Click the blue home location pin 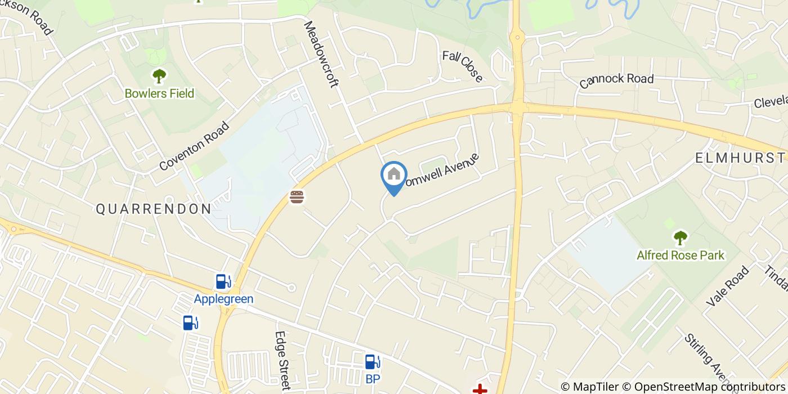click(x=394, y=176)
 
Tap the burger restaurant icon click(x=297, y=197)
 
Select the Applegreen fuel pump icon click(x=223, y=281)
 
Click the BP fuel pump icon click(x=372, y=361)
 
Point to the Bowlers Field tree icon click(x=159, y=75)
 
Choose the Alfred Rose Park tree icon click(x=680, y=238)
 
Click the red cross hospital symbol click(x=480, y=389)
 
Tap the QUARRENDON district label click(x=154, y=209)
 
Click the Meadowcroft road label click(x=321, y=55)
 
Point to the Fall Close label click(x=463, y=66)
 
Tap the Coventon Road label click(x=195, y=146)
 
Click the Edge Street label click(x=281, y=360)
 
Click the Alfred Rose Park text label click(x=680, y=256)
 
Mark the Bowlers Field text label click(x=159, y=93)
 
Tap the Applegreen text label click(x=223, y=299)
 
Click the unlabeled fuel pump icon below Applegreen click(x=190, y=323)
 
